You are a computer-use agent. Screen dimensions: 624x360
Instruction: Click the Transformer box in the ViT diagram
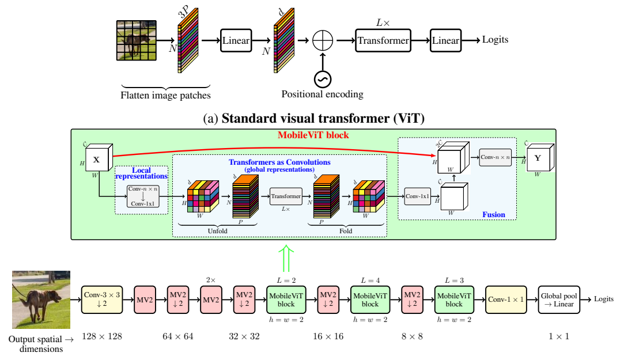tap(383, 40)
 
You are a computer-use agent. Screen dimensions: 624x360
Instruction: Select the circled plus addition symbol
tap(322, 40)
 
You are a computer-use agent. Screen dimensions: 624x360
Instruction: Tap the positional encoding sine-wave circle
tap(322, 79)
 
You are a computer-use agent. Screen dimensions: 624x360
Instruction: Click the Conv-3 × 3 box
tap(102, 300)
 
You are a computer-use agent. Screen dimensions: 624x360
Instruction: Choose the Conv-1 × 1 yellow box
tap(506, 300)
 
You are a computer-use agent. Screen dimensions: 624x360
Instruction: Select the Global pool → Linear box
tap(559, 300)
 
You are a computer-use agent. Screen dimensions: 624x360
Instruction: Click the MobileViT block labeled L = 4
tap(370, 300)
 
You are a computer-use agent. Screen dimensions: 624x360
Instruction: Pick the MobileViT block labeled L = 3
tap(454, 300)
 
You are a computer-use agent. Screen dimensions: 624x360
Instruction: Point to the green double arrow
tap(286, 259)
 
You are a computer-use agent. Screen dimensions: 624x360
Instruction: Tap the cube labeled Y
tap(540, 158)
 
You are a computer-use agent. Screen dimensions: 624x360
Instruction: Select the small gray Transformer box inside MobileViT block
tap(286, 196)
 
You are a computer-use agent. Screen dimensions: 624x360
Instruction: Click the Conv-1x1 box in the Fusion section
tap(418, 196)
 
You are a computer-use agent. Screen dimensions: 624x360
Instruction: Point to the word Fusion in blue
tap(493, 214)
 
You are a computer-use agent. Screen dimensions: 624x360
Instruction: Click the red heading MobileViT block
tap(313, 135)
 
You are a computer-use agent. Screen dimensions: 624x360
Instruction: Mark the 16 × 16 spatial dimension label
tap(328, 336)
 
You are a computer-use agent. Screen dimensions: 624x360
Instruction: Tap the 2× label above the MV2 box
tap(211, 280)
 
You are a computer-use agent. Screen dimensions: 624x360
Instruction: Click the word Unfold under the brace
tap(217, 231)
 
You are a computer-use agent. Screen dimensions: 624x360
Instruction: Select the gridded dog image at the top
tap(137, 40)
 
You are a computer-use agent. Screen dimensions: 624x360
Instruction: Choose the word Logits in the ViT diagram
tap(495, 40)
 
